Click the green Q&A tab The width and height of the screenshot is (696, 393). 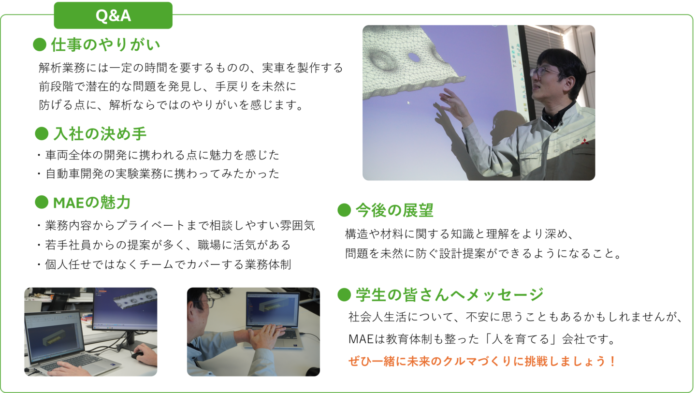pos(113,15)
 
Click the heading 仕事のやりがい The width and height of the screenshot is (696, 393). pos(106,44)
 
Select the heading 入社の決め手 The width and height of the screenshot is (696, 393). pos(100,134)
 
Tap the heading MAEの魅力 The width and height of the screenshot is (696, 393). pos(92,203)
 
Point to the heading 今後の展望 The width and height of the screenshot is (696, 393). pos(394,210)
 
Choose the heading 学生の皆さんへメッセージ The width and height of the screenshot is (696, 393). pos(449,294)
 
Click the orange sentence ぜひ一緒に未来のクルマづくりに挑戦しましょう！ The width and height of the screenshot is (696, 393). pos(482,361)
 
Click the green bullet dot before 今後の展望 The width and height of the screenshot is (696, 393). pos(344,210)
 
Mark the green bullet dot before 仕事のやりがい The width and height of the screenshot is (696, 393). pos(40,44)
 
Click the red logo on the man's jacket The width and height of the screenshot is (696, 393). pos(585,142)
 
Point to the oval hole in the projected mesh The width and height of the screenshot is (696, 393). pos(414,57)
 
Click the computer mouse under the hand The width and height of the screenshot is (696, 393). pos(137,355)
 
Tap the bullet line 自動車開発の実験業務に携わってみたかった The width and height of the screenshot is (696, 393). pos(162,174)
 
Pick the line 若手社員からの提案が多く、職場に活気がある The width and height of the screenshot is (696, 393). pos(167,245)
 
